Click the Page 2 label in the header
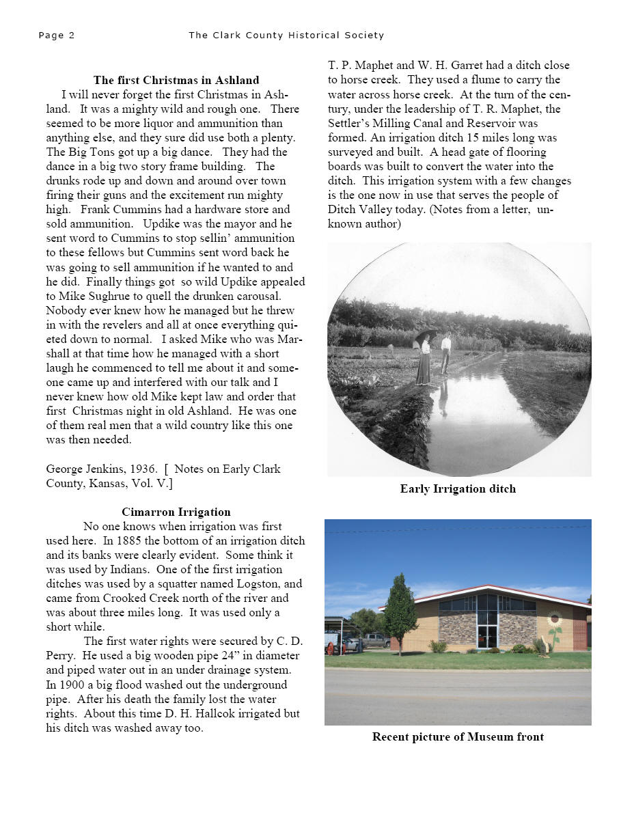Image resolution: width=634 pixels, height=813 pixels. (x=57, y=36)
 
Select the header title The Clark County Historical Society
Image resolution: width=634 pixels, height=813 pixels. (x=286, y=36)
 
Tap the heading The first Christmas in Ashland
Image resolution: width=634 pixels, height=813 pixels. (x=176, y=81)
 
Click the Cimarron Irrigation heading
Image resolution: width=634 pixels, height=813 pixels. (x=176, y=512)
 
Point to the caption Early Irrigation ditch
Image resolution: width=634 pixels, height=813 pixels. (x=458, y=488)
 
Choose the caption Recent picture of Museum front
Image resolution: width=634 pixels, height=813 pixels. (x=458, y=736)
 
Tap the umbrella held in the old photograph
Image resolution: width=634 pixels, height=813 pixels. (x=426, y=334)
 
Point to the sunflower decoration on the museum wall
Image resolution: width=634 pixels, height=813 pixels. (x=553, y=626)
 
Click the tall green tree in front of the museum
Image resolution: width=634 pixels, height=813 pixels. (x=400, y=611)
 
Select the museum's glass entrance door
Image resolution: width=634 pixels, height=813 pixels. (x=487, y=635)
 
